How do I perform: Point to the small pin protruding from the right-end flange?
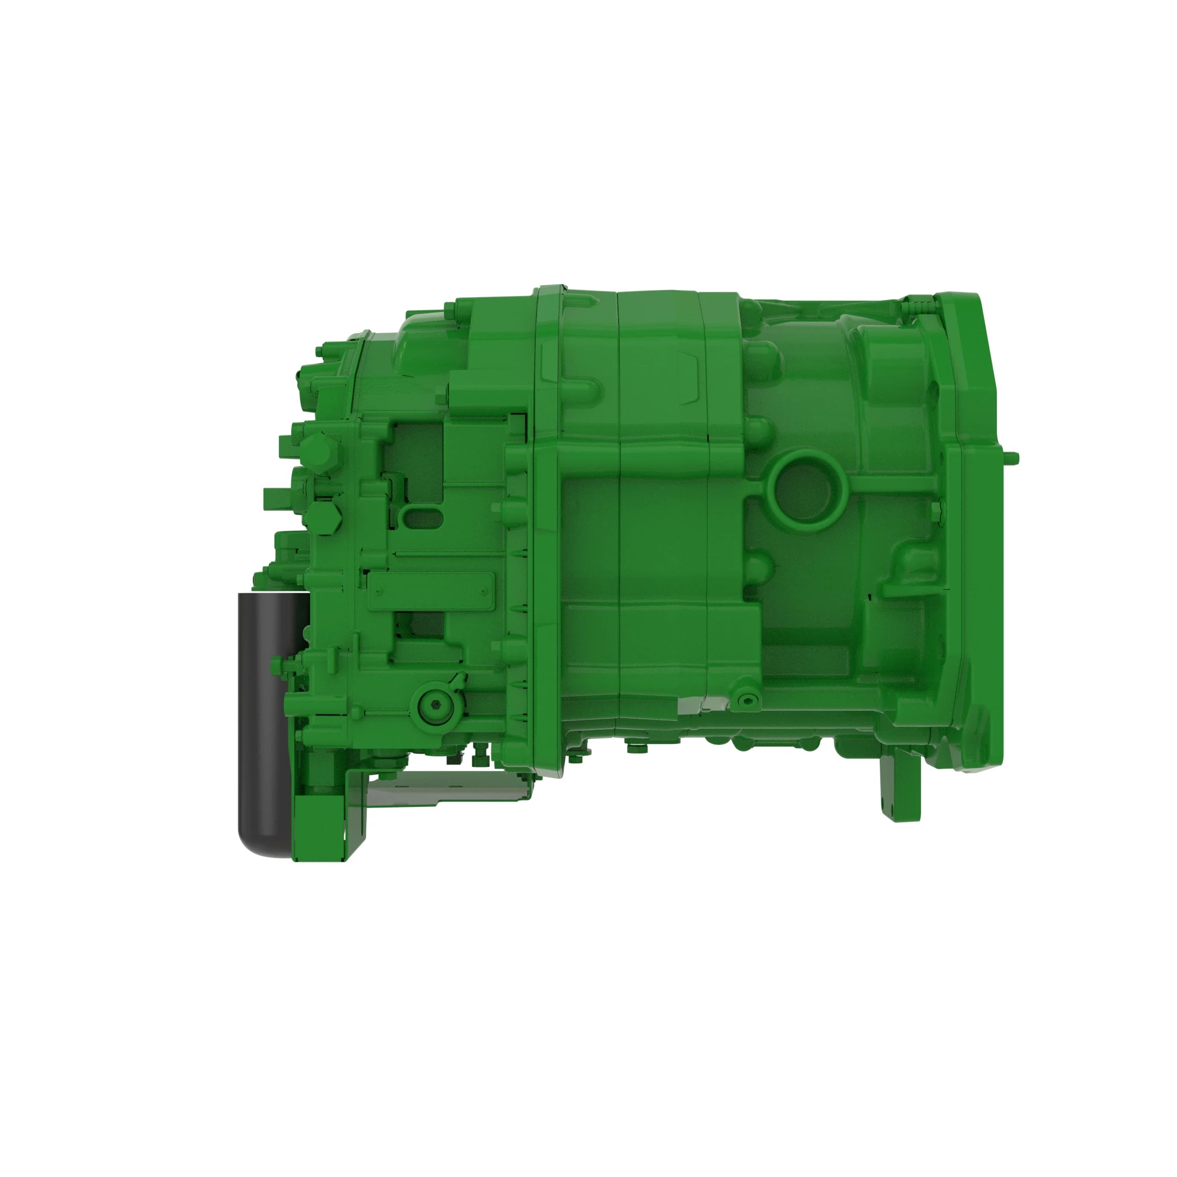tap(1012, 457)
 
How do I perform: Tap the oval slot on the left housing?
tap(423, 518)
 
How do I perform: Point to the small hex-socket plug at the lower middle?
tap(749, 700)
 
